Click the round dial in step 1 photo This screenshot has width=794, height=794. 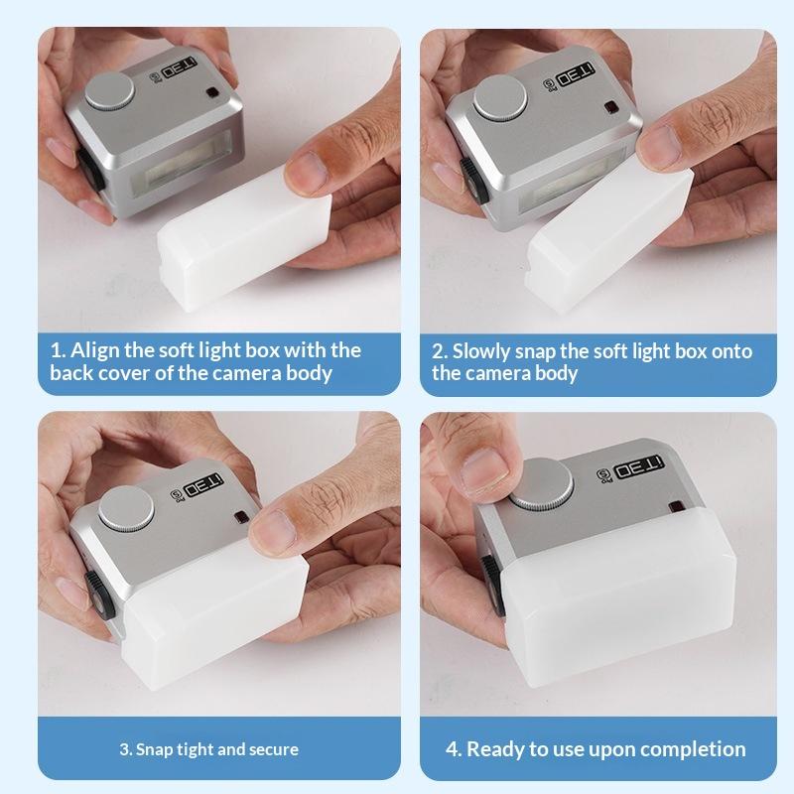[110, 91]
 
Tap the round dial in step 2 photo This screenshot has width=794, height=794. [500, 97]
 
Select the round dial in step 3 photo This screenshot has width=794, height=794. [126, 508]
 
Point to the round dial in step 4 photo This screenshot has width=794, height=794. [541, 483]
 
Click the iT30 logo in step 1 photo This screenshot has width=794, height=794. [179, 68]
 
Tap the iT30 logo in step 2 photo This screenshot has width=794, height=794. [576, 74]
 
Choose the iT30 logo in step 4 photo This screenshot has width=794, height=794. [638, 466]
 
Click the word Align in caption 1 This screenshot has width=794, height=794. [94, 351]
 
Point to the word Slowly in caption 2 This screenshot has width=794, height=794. [481, 352]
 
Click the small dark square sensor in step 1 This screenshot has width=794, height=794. [212, 93]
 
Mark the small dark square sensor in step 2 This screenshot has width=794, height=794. [611, 107]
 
